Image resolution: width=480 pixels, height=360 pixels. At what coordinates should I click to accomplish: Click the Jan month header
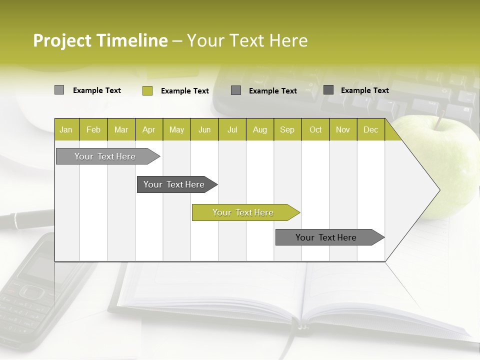(x=66, y=129)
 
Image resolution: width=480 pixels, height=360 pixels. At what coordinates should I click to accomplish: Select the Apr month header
(x=148, y=129)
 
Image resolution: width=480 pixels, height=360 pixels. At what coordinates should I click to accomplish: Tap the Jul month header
(x=232, y=129)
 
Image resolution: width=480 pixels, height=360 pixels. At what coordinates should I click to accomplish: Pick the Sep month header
(x=287, y=129)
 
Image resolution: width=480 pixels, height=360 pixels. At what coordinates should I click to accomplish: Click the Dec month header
(x=370, y=129)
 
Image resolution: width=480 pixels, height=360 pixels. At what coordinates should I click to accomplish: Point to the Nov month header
(x=342, y=129)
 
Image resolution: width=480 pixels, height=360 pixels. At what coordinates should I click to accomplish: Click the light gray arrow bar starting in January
(x=105, y=156)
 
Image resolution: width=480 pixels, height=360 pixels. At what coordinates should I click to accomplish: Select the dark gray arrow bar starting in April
(x=174, y=184)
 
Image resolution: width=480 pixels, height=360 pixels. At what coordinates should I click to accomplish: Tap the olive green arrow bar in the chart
(x=243, y=212)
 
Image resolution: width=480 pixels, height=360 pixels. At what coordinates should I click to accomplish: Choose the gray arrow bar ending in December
(x=326, y=237)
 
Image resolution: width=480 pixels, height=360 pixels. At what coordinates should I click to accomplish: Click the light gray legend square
(x=59, y=90)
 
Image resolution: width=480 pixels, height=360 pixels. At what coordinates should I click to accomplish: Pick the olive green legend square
(x=147, y=90)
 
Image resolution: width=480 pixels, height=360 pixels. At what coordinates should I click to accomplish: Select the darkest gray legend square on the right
(x=328, y=90)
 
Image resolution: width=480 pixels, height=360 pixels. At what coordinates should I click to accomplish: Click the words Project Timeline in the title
(x=100, y=40)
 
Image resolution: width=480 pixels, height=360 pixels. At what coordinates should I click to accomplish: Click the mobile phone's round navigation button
(x=31, y=292)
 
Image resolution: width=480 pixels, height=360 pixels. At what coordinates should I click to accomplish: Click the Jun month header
(x=204, y=129)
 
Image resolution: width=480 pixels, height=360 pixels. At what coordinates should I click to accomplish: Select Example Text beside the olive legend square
(x=184, y=91)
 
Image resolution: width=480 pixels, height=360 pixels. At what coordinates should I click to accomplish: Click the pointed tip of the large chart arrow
(x=439, y=190)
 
